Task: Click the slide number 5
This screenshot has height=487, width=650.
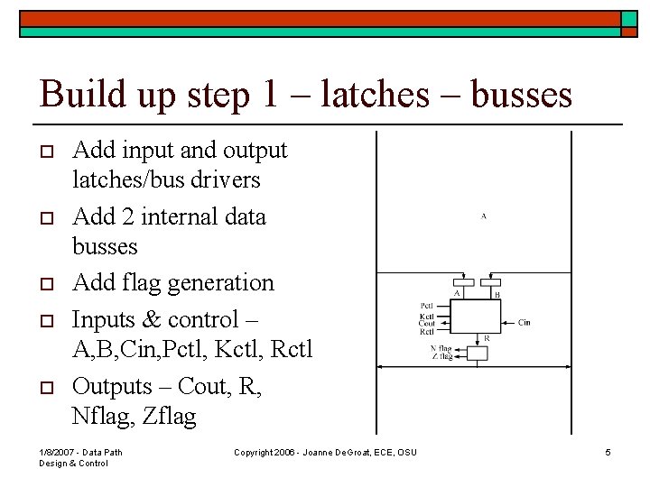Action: (x=608, y=452)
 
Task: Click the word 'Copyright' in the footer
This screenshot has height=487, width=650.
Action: (x=255, y=452)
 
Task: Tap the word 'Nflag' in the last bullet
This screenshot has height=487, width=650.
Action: (x=102, y=417)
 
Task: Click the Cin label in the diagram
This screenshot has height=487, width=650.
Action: (x=524, y=322)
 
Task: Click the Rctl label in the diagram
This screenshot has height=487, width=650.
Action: (x=428, y=332)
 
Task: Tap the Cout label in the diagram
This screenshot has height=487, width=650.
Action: (x=428, y=325)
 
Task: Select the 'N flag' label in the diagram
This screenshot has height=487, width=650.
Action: (x=441, y=348)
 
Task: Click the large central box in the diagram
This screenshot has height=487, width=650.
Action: (x=475, y=317)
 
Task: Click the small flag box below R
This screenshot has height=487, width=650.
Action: (x=475, y=353)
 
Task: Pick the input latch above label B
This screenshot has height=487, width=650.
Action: (x=489, y=282)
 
